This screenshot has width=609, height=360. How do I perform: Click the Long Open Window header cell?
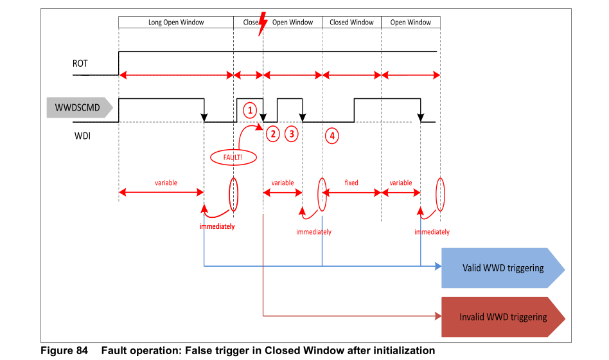[x=176, y=22]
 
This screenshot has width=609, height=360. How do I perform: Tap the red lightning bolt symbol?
[x=263, y=23]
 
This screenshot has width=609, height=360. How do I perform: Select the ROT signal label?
[x=80, y=64]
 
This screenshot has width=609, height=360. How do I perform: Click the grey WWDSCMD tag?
[x=80, y=107]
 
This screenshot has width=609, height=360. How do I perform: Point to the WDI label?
[x=82, y=136]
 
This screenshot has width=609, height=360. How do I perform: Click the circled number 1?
[x=250, y=111]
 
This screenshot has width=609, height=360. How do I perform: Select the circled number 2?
[x=273, y=134]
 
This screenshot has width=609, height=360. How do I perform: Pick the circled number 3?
[x=292, y=134]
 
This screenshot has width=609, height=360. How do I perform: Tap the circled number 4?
[x=332, y=136]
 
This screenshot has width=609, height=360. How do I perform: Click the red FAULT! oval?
[x=233, y=157]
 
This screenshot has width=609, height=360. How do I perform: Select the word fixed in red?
[x=351, y=183]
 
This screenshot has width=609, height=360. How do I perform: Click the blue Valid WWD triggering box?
[x=503, y=268]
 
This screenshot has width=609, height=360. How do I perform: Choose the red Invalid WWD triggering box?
[x=503, y=317]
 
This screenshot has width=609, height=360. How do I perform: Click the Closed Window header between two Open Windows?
[x=351, y=22]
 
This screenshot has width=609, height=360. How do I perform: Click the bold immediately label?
[x=217, y=226]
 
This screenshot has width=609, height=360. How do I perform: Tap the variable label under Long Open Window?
[x=166, y=183]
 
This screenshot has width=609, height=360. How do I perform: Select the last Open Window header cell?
[x=410, y=22]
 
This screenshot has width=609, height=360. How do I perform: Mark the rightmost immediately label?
[x=432, y=231]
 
